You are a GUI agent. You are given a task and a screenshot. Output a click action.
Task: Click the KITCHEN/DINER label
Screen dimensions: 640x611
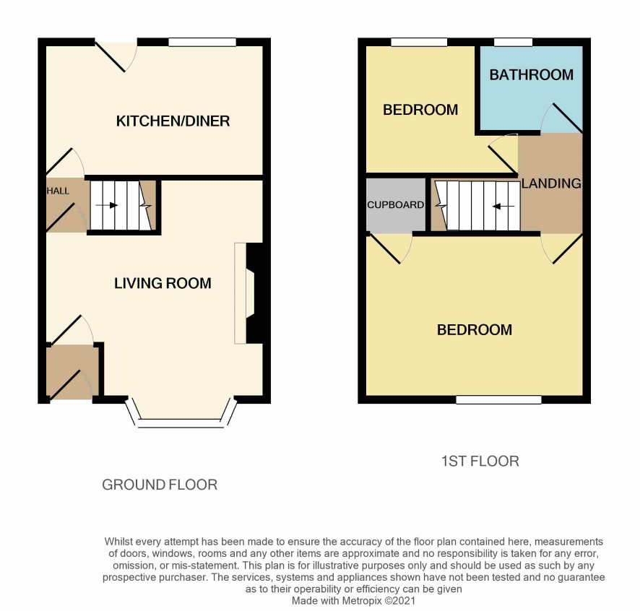173,121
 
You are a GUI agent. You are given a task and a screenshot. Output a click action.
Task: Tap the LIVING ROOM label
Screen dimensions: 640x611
163,283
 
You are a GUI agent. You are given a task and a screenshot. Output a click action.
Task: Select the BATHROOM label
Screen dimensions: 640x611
532,74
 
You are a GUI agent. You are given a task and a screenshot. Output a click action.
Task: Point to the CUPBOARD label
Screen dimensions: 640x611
395,205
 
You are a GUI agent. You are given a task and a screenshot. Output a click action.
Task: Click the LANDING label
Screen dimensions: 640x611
551,183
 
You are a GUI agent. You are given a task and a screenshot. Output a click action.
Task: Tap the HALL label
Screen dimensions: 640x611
58,191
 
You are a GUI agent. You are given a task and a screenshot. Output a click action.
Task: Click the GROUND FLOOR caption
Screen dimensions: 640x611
160,485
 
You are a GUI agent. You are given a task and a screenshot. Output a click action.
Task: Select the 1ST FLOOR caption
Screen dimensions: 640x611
480,461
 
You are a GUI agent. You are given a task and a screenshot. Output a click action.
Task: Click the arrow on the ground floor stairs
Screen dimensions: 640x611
107,205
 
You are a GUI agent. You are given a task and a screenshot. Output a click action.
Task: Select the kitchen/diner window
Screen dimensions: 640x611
202,42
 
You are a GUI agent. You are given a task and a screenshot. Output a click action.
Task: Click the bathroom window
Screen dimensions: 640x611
513,42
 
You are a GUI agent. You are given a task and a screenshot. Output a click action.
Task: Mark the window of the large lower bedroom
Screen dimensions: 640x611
498,399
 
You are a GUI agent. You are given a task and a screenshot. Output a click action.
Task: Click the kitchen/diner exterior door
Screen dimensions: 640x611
111,56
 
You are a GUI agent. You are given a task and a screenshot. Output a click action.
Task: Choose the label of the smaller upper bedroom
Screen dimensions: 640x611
420,110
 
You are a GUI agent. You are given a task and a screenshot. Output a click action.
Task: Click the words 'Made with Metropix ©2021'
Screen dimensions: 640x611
353,601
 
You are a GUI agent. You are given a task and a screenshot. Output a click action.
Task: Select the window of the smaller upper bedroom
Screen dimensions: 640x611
419,42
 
